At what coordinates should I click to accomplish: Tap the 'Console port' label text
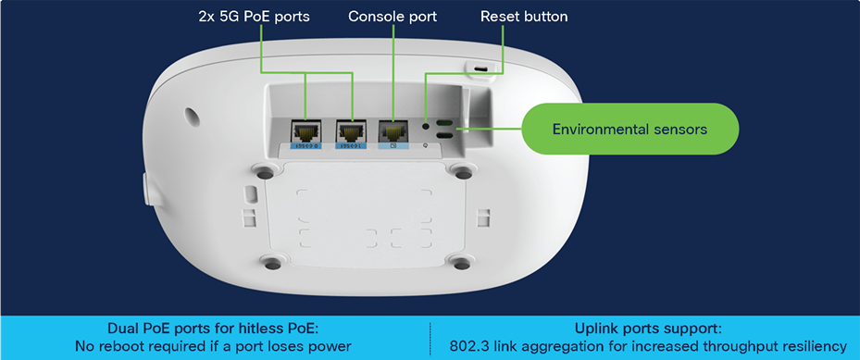pos(393,17)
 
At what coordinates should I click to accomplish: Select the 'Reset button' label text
pos(524,17)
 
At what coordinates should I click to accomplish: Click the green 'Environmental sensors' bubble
pos(629,129)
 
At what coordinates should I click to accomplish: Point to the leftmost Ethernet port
pos(305,130)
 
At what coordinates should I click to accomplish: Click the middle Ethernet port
pos(351,130)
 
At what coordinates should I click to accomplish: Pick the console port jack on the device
pos(393,130)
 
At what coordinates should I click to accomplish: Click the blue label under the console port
pos(393,146)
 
